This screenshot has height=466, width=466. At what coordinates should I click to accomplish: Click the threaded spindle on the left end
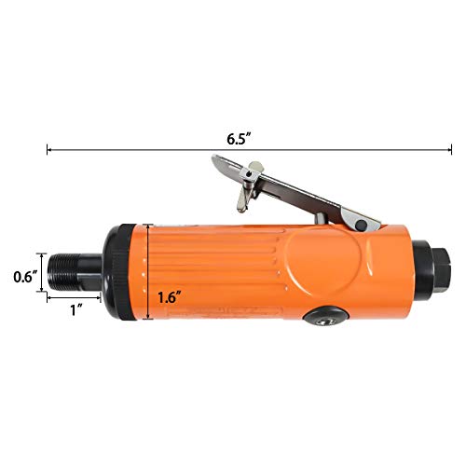pyautogui.click(x=71, y=270)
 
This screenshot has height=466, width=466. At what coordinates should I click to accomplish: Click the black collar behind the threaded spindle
pyautogui.click(x=114, y=271)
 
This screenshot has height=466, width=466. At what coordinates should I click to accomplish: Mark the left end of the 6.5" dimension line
pyautogui.click(x=48, y=146)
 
